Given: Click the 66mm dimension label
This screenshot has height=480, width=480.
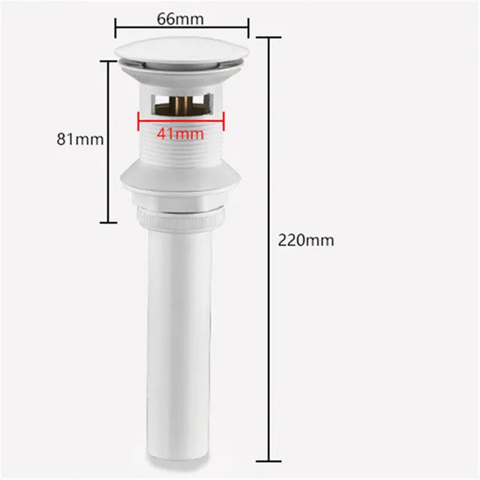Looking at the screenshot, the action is pyautogui.click(x=180, y=19).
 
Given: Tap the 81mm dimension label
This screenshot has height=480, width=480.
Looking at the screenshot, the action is pyautogui.click(x=80, y=139).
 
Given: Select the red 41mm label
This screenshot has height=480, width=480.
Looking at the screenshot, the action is pyautogui.click(x=180, y=133).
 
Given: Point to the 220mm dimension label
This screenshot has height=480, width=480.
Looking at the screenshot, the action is pyautogui.click(x=306, y=240).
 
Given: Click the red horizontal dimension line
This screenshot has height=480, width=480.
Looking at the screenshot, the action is pyautogui.click(x=181, y=121).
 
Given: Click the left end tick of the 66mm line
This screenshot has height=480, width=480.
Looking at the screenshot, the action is pyautogui.click(x=115, y=28).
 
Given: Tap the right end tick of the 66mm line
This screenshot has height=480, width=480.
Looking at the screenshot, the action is pyautogui.click(x=248, y=28).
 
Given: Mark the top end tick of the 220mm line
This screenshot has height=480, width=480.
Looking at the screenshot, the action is pyautogui.click(x=268, y=37).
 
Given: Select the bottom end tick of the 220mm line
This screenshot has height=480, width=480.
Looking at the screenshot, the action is pyautogui.click(x=268, y=461).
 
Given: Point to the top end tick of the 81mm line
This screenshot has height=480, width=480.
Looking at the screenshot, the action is pyautogui.click(x=109, y=61).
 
